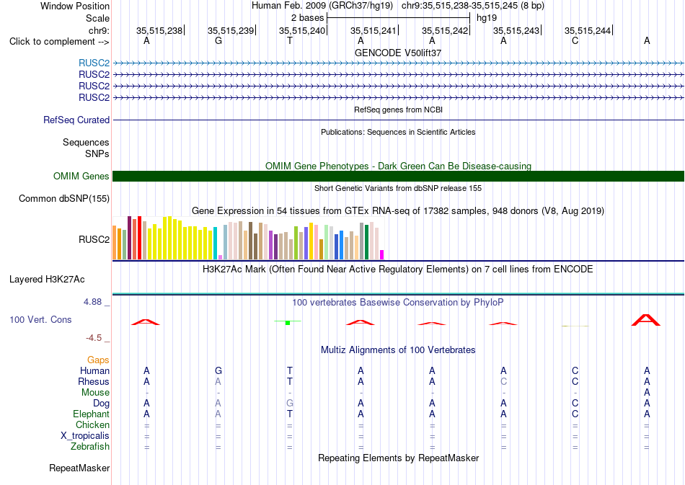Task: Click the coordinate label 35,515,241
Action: [373, 30]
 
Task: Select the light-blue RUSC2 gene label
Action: [94, 63]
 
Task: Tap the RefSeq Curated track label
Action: [76, 120]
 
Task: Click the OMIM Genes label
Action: [81, 176]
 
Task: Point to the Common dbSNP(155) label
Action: [64, 199]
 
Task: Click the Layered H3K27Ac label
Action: [47, 280]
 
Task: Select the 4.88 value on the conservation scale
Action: [92, 302]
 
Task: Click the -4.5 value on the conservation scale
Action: [94, 338]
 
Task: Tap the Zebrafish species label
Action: [90, 447]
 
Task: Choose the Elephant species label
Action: [92, 414]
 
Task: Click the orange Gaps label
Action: [98, 360]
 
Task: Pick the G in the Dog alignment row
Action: [290, 404]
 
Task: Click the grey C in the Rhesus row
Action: [504, 381]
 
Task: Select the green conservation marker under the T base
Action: [288, 323]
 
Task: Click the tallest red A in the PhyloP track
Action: [646, 320]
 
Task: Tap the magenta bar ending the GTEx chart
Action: [382, 255]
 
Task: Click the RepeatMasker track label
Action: [79, 468]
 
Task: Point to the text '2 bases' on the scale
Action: [308, 18]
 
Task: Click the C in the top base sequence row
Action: [575, 41]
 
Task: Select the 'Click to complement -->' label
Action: [59, 42]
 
